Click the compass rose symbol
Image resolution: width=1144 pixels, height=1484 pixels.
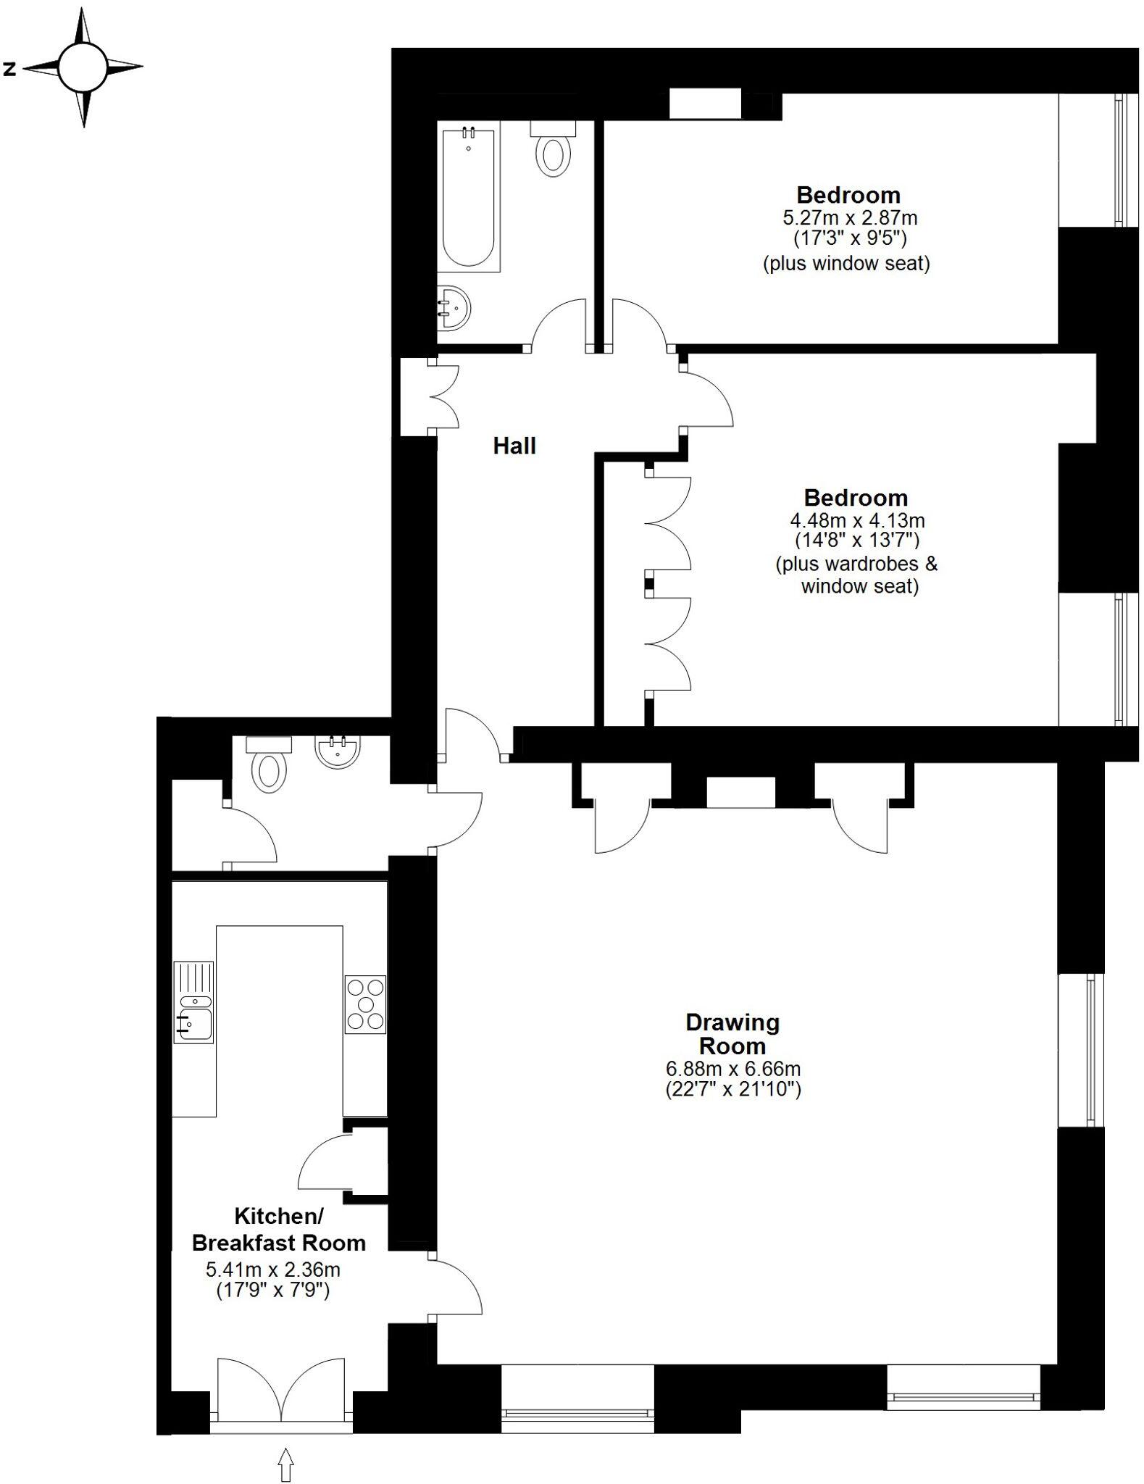tap(83, 67)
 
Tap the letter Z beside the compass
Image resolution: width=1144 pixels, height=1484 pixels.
tap(10, 70)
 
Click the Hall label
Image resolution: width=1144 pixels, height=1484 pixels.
tap(514, 446)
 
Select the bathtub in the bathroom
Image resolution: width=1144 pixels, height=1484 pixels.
tap(469, 198)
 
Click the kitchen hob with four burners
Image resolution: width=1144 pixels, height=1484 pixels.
tap(366, 1004)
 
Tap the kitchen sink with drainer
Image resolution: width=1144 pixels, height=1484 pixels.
tap(194, 1003)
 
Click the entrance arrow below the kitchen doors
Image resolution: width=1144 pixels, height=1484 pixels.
tap(285, 1464)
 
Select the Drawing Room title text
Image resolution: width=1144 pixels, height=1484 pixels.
tap(732, 1034)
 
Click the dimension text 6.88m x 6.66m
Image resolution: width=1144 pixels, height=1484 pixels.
tap(732, 1069)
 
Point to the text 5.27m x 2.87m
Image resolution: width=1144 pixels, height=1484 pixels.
tap(849, 217)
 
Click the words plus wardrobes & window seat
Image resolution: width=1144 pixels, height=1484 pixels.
tap(856, 575)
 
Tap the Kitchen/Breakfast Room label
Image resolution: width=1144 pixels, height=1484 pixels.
tap(279, 1230)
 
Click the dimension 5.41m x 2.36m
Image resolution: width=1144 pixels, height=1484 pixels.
tap(273, 1270)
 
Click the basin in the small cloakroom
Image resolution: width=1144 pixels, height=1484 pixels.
tap(337, 751)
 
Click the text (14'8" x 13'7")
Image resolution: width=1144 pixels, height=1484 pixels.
tap(856, 540)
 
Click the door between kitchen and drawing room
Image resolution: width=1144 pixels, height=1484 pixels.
tap(455, 1286)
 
